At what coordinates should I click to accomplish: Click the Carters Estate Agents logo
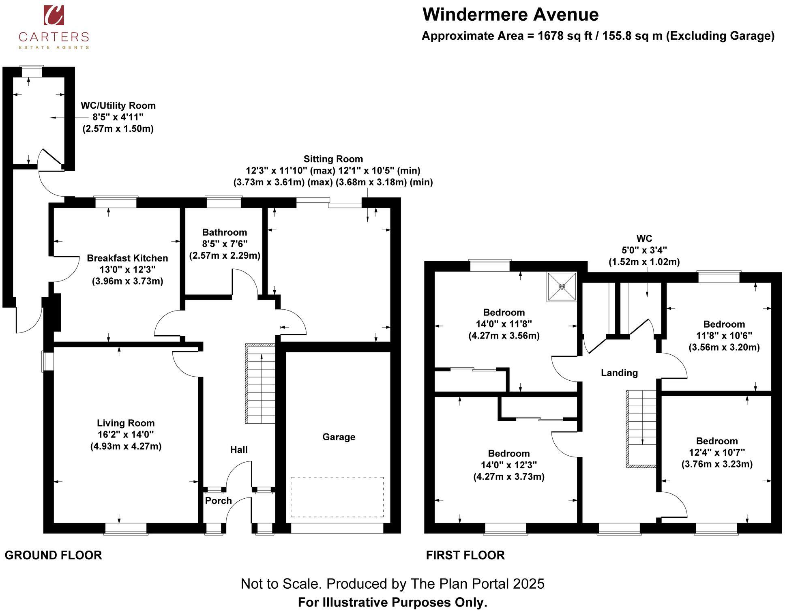click(x=54, y=27)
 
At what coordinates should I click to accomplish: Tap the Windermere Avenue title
click(x=510, y=15)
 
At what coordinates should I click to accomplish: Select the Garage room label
click(x=339, y=437)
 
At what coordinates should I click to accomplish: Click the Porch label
click(x=218, y=501)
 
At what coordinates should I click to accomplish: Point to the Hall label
click(x=239, y=450)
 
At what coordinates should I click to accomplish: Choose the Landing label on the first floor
click(x=619, y=373)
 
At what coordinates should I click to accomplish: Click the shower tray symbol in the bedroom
click(x=562, y=287)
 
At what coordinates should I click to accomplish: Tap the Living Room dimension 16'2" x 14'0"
click(x=126, y=435)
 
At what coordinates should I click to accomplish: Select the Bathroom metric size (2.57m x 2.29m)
click(x=225, y=256)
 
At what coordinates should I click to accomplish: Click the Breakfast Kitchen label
click(x=127, y=258)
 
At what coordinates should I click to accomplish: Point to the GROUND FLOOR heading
click(x=53, y=555)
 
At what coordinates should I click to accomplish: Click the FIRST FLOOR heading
click(x=465, y=555)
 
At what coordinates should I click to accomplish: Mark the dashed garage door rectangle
click(x=337, y=497)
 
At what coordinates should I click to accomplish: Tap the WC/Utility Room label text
click(x=118, y=106)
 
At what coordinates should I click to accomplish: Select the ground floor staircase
click(x=260, y=384)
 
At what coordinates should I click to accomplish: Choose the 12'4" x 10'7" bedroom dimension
click(x=717, y=452)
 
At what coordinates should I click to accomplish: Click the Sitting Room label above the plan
click(x=333, y=159)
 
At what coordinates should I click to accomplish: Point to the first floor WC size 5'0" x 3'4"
click(x=644, y=250)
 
